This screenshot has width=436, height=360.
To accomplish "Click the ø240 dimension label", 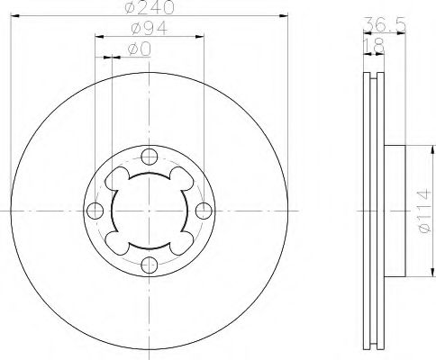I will pyautogui.click(x=151, y=8).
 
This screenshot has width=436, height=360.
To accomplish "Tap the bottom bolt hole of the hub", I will pyautogui.click(x=150, y=265).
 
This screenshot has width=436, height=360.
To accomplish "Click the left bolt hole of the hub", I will pyautogui.click(x=95, y=211).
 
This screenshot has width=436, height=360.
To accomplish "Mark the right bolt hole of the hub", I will pyautogui.click(x=204, y=211).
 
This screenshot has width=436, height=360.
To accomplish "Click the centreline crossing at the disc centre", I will pyautogui.click(x=150, y=211).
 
